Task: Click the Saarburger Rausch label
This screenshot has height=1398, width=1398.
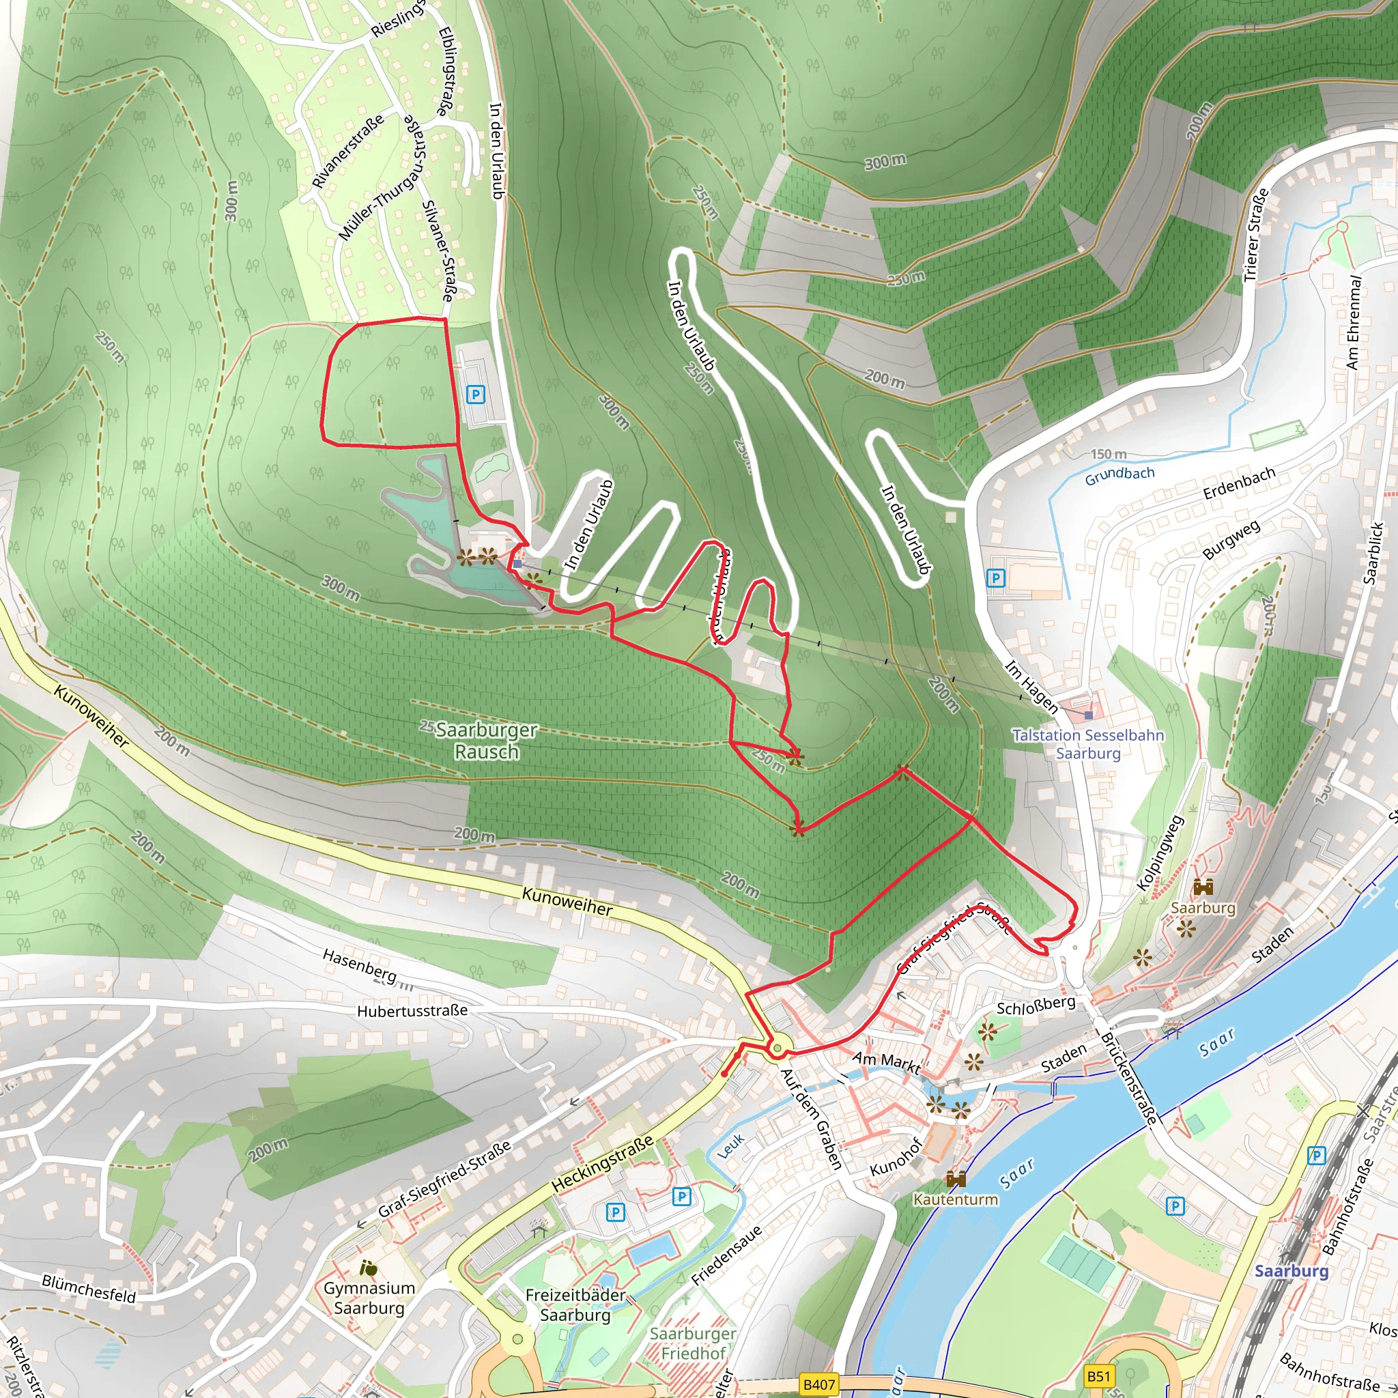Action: pyautogui.click(x=487, y=741)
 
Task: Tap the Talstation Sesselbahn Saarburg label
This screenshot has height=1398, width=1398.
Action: pyautogui.click(x=1088, y=744)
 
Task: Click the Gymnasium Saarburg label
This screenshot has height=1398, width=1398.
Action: pyautogui.click(x=369, y=1298)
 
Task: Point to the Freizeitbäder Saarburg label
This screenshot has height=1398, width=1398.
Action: pyautogui.click(x=576, y=1304)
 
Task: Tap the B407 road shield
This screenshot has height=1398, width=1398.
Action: pyautogui.click(x=819, y=1384)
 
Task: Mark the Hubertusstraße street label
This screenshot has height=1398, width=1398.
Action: pyautogui.click(x=412, y=1011)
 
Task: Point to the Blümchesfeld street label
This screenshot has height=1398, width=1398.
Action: pyautogui.click(x=89, y=1289)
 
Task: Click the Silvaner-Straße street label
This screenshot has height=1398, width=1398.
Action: pyautogui.click(x=439, y=251)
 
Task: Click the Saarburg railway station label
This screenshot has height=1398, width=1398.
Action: pyautogui.click(x=1292, y=1271)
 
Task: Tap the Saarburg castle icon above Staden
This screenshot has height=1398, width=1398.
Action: pyautogui.click(x=1203, y=887)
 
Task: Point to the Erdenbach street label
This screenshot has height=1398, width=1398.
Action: pyautogui.click(x=1239, y=483)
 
